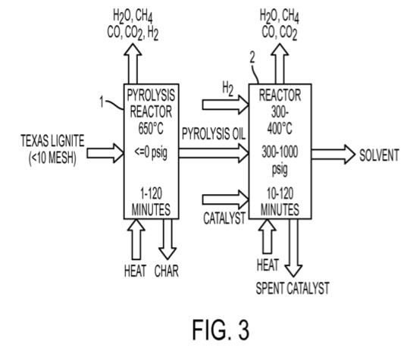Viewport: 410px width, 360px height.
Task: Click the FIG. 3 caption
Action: coord(221,330)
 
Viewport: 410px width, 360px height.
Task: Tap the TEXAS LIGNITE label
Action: coord(52,141)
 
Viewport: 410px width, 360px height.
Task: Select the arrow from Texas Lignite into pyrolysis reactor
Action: coord(105,153)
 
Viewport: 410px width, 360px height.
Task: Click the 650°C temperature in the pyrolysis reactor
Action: coord(151,128)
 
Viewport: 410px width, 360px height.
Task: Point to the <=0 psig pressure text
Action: coord(151,152)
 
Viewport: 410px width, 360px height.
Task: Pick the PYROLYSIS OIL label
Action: coord(214,134)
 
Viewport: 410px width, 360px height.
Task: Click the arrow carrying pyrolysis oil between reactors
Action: coord(214,153)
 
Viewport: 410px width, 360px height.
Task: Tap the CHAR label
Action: coord(167,271)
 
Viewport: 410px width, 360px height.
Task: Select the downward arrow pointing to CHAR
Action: coord(167,239)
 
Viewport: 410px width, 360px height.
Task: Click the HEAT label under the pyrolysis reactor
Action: coord(135,271)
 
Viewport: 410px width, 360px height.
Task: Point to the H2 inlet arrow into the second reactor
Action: coord(225,105)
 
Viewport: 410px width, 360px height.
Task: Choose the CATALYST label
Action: coord(224,218)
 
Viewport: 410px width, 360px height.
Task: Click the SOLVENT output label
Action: coord(379,155)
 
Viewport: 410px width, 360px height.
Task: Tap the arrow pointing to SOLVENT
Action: coord(333,155)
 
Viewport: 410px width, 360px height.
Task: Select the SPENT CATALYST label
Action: coord(293,288)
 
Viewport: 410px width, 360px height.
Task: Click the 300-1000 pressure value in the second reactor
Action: coord(280,152)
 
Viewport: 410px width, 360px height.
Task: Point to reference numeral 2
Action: coord(252,58)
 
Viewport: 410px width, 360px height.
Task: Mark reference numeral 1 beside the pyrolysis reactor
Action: coord(102,102)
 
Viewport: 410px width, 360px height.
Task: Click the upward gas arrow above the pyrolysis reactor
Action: coord(133,64)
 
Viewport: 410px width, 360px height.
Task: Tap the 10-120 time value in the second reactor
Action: coord(280,194)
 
